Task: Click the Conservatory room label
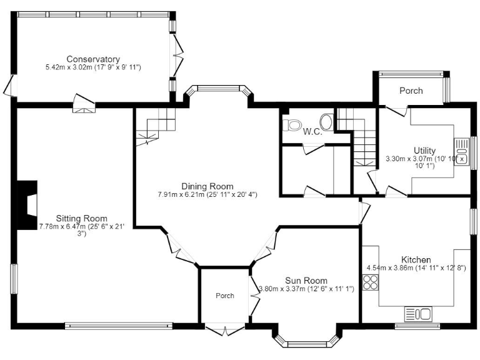pyautogui.click(x=93, y=59)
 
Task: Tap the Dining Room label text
pyautogui.click(x=207, y=186)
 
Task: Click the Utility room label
pyautogui.click(x=424, y=150)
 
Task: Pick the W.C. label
pyautogui.click(x=312, y=131)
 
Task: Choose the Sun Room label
pyautogui.click(x=306, y=280)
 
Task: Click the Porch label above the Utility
pyautogui.click(x=411, y=91)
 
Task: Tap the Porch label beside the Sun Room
pyautogui.click(x=225, y=296)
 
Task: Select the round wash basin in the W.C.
pyautogui.click(x=326, y=120)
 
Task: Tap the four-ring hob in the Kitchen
pyautogui.click(x=370, y=283)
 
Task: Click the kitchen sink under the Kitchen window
pyautogui.click(x=417, y=312)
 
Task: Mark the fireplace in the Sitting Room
pyautogui.click(x=27, y=206)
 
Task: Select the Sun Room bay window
pyautogui.click(x=307, y=340)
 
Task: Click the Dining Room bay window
pyautogui.click(x=218, y=89)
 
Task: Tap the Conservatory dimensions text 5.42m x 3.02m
pyautogui.click(x=93, y=67)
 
